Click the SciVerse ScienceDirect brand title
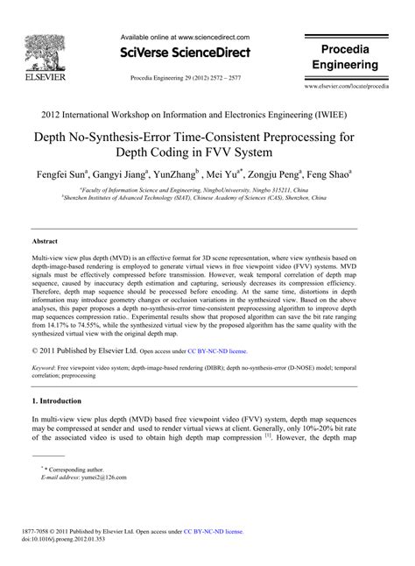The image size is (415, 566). [185, 53]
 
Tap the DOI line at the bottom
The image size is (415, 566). [70, 539]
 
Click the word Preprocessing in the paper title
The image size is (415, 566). [316, 138]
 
